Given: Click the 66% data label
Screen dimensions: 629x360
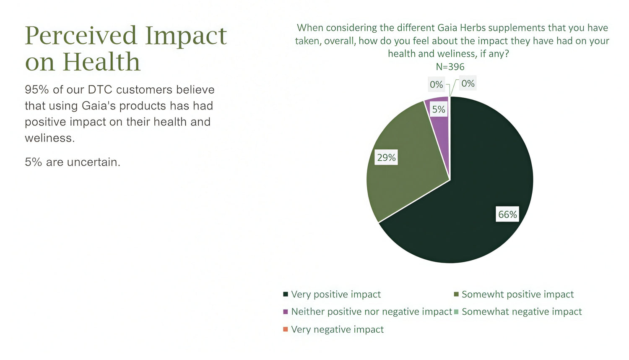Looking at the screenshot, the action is tap(507, 214).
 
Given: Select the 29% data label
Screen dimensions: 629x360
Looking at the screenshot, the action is tap(386, 157).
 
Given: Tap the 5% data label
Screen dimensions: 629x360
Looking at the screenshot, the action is tap(439, 109).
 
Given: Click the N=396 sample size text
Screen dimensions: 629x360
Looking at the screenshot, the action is tap(450, 67).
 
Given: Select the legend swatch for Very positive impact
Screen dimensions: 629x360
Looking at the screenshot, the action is tap(286, 294).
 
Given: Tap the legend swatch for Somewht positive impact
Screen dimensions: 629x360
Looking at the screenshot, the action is tap(456, 294).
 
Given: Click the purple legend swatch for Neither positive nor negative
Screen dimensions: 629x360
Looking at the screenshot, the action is tap(286, 312).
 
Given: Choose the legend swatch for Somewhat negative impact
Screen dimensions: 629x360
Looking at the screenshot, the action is tap(456, 312).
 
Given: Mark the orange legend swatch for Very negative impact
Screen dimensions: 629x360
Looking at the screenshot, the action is tap(286, 329).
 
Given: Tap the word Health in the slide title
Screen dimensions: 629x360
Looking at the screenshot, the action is tap(101, 62).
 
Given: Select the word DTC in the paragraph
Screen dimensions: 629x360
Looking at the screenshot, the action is tap(100, 90).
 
